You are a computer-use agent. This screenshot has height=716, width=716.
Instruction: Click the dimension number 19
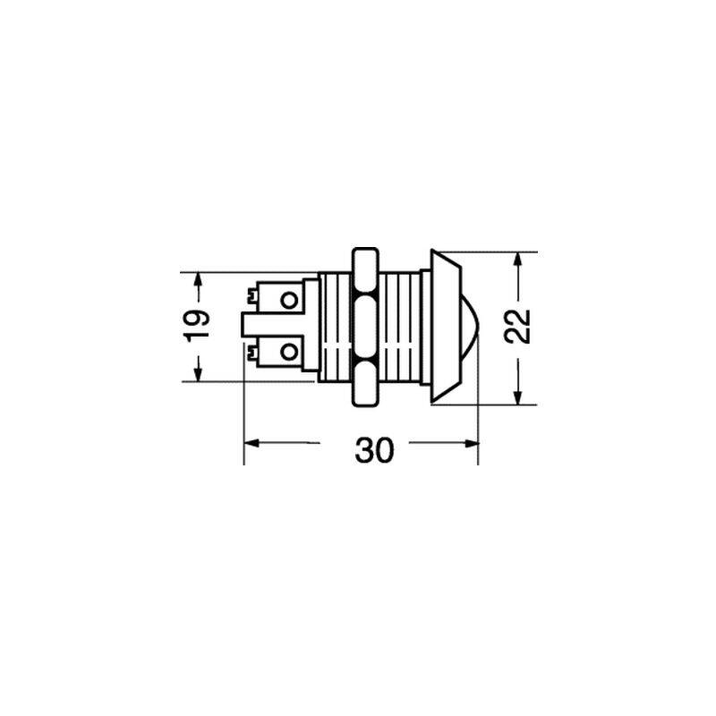(196, 326)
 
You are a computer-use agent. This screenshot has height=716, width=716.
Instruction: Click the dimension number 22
(517, 327)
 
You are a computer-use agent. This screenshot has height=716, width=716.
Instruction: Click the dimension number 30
(374, 450)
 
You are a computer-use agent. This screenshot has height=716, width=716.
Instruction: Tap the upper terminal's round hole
(288, 300)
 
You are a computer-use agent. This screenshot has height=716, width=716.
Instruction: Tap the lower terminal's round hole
(288, 352)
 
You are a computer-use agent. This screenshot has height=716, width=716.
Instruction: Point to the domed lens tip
(471, 327)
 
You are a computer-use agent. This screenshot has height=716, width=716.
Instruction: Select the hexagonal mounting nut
(365, 327)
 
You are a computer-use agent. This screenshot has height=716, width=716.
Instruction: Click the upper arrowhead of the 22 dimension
(517, 260)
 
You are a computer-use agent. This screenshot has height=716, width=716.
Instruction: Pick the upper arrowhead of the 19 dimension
(197, 280)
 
